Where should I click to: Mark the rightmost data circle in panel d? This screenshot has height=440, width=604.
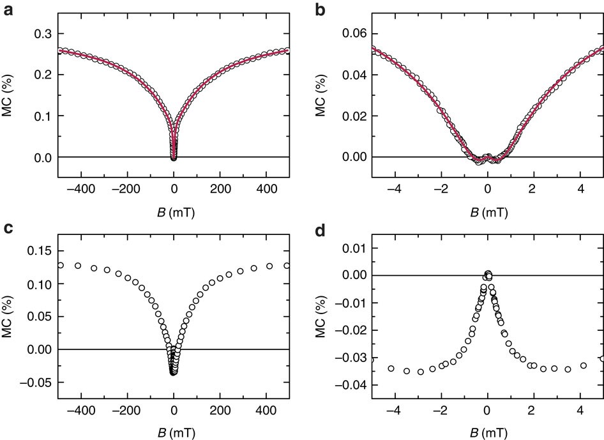[x=602, y=359]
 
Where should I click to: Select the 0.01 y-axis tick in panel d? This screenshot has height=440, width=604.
[x=352, y=247]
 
